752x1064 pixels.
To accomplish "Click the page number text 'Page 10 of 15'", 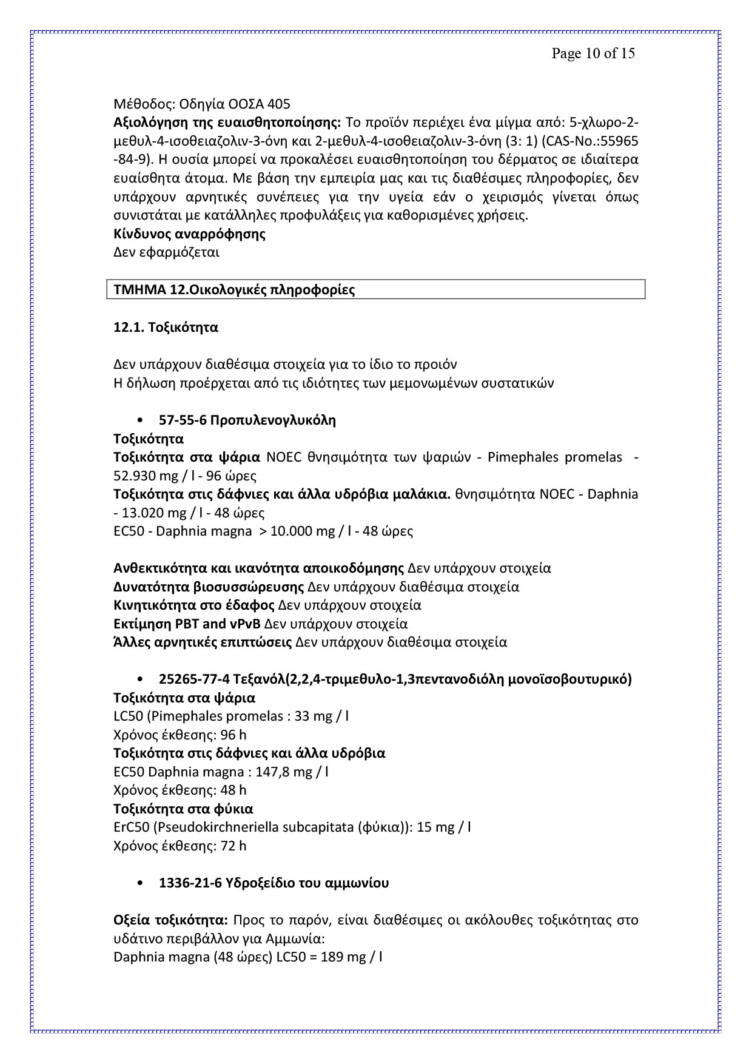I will pos(593,53).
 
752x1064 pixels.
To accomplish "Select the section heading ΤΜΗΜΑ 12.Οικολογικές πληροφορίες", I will pos(234,290).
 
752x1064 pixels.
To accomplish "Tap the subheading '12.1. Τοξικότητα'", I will pos(166,328).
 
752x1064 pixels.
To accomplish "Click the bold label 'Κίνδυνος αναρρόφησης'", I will pos(189,234).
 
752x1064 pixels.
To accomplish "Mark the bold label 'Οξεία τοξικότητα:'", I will pos(170,920).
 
